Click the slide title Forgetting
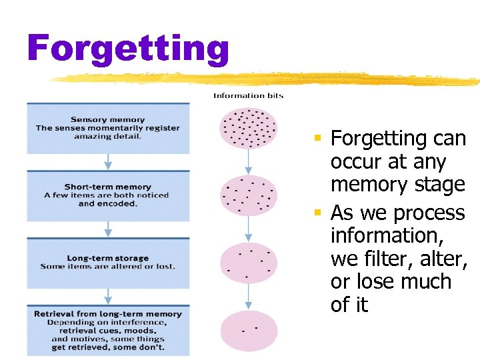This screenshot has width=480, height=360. point(128,49)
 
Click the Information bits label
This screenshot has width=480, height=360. point(248,95)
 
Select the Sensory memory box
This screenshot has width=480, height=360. point(108,128)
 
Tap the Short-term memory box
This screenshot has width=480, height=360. point(108,195)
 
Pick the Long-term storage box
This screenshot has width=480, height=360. point(108,262)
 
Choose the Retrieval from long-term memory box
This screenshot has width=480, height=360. point(108,330)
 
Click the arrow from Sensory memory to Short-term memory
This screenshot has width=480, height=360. point(108,162)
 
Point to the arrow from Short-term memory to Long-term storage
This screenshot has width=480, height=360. point(108,229)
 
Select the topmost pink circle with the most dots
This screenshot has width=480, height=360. point(249,128)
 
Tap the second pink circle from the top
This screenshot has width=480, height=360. point(249,195)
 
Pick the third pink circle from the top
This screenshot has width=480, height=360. point(249,262)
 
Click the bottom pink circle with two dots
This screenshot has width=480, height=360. point(249,330)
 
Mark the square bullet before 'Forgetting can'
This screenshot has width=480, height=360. point(319,139)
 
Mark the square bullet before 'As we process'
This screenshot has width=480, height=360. point(319,213)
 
